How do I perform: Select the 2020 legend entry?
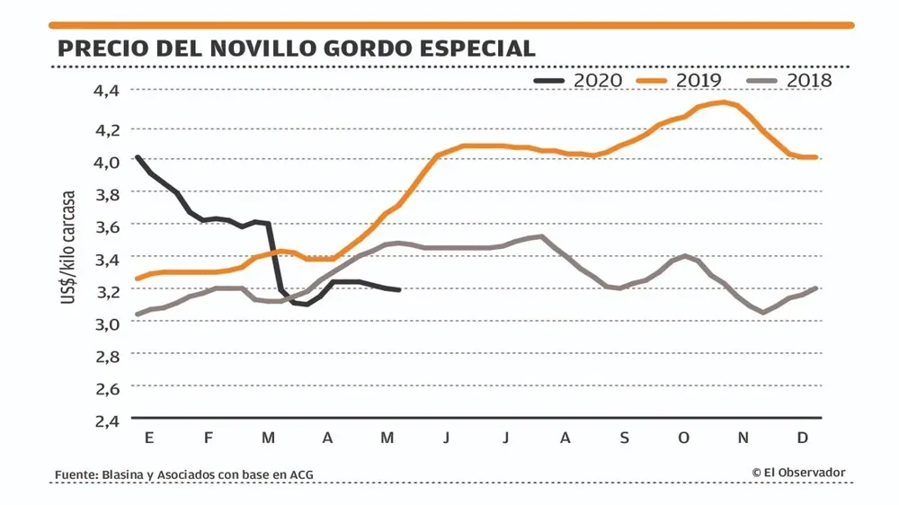coord(579,80)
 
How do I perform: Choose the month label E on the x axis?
coord(148,438)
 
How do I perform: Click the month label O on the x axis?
coord(684,438)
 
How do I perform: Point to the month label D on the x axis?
coord(804,438)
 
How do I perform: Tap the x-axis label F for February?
coord(209,438)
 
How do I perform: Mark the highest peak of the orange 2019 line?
coord(722,102)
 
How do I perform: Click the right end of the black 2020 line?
coord(399,289)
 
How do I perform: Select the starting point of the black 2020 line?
coord(137,157)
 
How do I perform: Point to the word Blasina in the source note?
coord(125,474)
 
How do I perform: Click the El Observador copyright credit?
coord(798,473)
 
